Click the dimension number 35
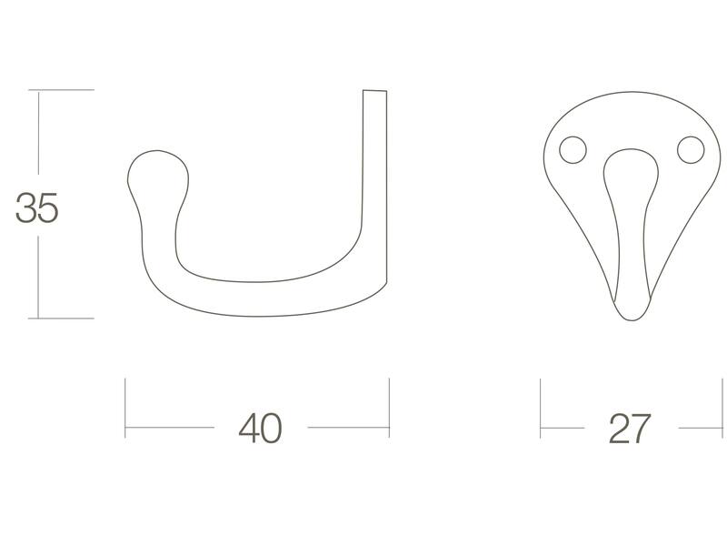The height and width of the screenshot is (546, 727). [x=36, y=207]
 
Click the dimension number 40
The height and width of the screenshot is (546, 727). [x=260, y=428]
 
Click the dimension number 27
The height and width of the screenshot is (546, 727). [x=630, y=428]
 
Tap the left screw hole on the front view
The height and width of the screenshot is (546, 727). [x=573, y=150]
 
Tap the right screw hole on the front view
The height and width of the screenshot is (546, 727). [x=691, y=150]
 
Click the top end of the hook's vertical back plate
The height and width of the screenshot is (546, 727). [x=374, y=91]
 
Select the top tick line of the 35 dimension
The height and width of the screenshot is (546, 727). [x=61, y=89]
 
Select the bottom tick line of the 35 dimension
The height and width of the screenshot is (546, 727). [x=61, y=318]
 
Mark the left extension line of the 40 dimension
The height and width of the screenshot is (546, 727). [x=125, y=408]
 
